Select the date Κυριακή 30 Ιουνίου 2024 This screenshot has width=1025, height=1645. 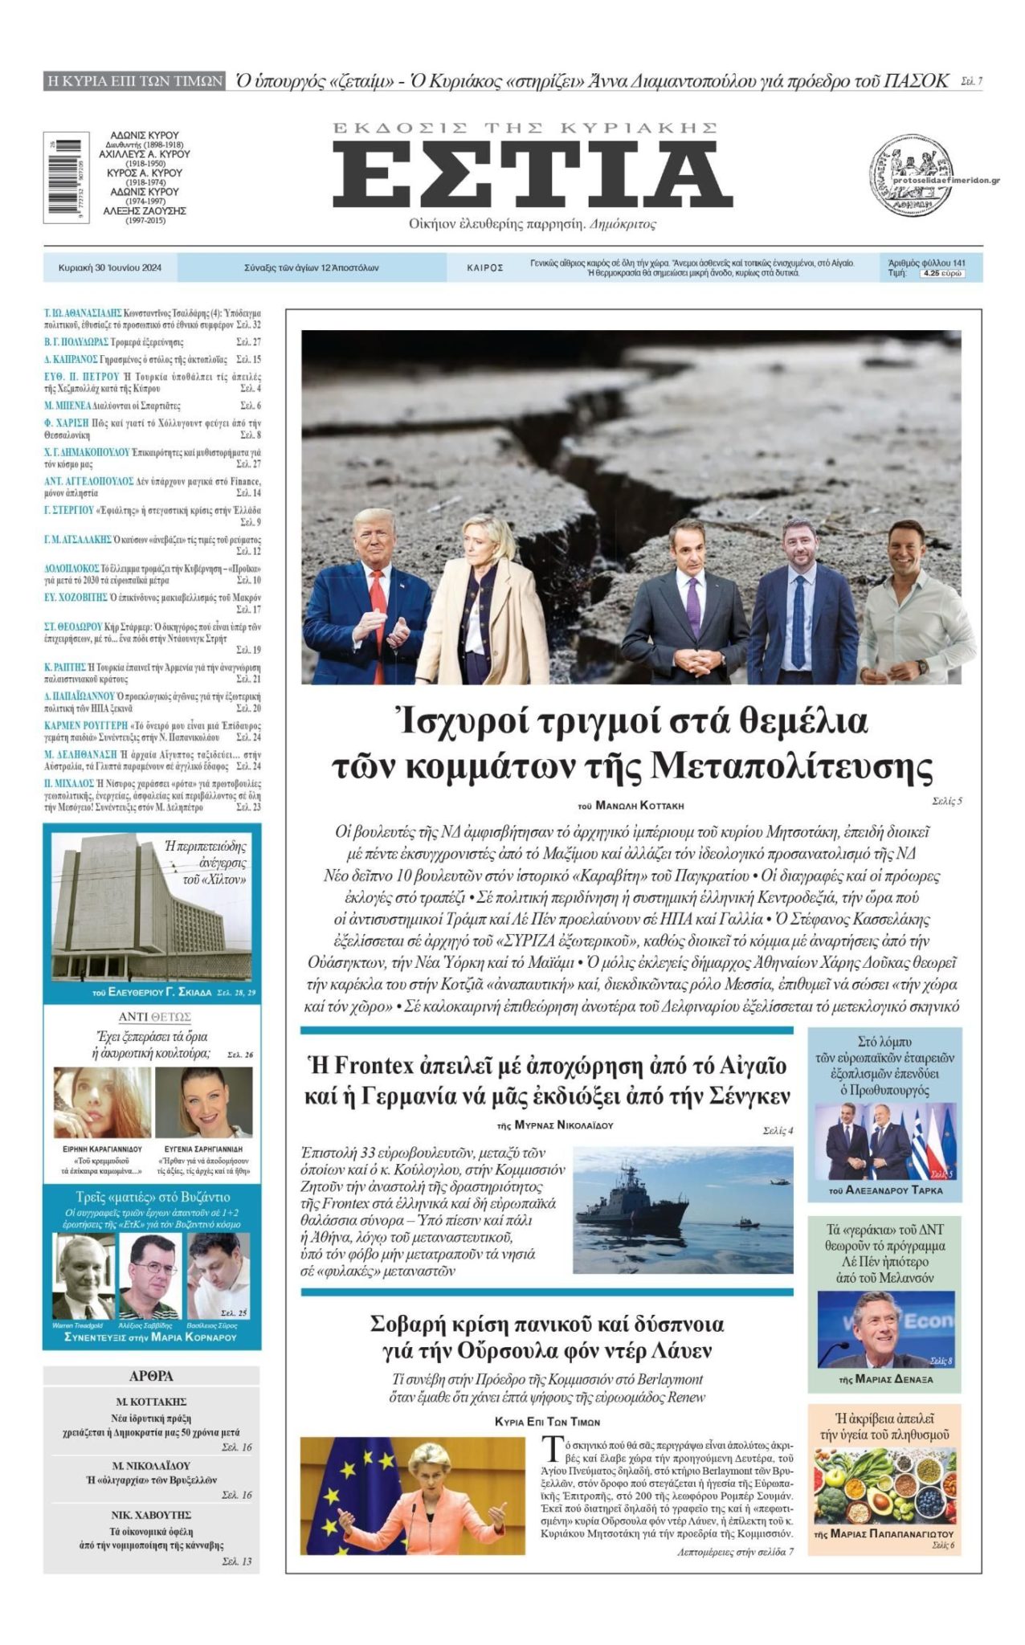110,268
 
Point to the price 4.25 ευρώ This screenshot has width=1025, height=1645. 943,274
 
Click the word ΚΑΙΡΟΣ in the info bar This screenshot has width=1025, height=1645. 485,268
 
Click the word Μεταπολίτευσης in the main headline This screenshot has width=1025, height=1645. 790,766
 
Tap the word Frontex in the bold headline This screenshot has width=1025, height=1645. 378,1066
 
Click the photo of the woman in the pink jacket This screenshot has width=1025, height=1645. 412,1496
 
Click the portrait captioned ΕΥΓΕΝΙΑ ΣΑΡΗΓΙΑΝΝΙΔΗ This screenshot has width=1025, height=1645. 203,1101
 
